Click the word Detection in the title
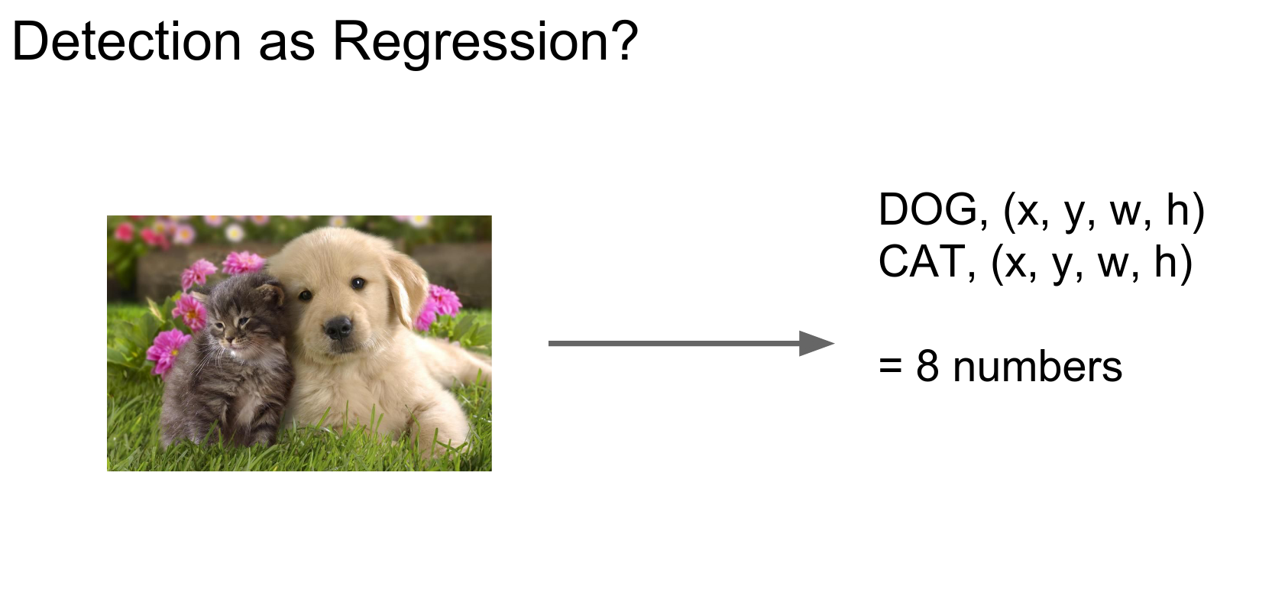pyautogui.click(x=127, y=41)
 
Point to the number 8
pyautogui.click(x=927, y=367)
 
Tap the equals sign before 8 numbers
pyautogui.click(x=890, y=367)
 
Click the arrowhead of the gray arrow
pyautogui.click(x=817, y=343)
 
